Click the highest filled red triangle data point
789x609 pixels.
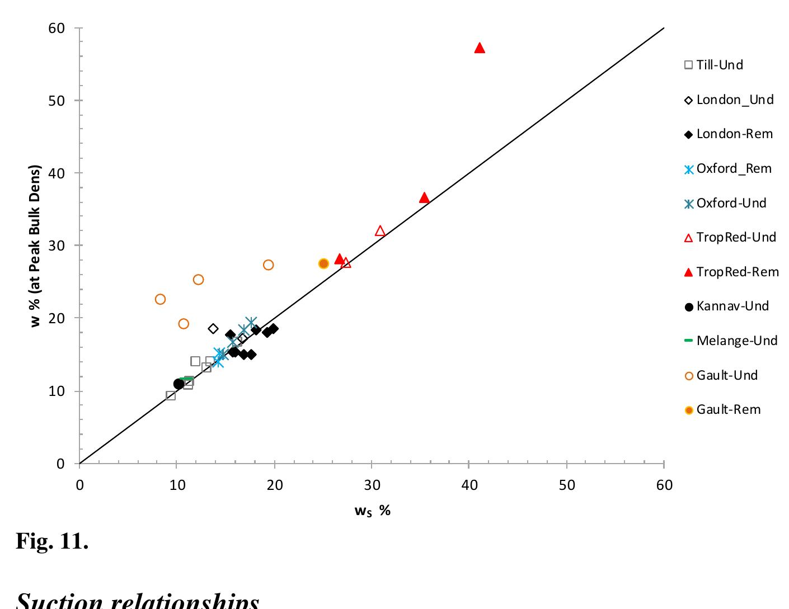pyautogui.click(x=480, y=48)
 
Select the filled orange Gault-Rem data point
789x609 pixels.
pyautogui.click(x=323, y=263)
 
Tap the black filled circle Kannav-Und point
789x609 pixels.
pyautogui.click(x=179, y=384)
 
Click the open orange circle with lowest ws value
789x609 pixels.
pyautogui.click(x=160, y=299)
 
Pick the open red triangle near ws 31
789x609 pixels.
pyautogui.click(x=380, y=231)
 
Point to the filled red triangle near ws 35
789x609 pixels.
pyautogui.click(x=424, y=198)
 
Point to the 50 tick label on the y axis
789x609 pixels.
pyautogui.click(x=57, y=101)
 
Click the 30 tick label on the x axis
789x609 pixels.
pyautogui.click(x=372, y=485)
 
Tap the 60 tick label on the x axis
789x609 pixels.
pyautogui.click(x=664, y=485)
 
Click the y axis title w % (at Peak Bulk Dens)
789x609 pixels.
pyautogui.click(x=36, y=246)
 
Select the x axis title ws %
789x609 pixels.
pyautogui.click(x=372, y=510)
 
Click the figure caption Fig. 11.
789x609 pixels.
pyautogui.click(x=52, y=541)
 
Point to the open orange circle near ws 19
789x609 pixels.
pyautogui.click(x=268, y=265)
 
